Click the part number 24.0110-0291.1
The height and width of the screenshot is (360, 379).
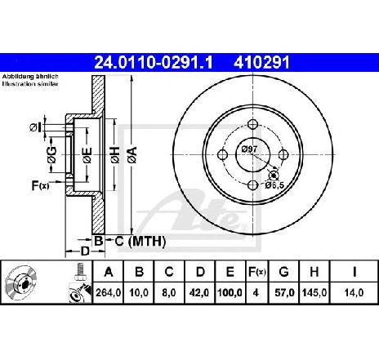tap(153, 63)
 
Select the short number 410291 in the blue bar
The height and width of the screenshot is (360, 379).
tap(261, 63)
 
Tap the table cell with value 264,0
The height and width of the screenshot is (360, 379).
tap(108, 293)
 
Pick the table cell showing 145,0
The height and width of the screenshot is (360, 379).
tap(314, 293)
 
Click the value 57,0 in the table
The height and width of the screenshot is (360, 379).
tap(284, 293)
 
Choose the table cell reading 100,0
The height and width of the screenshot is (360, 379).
tap(230, 293)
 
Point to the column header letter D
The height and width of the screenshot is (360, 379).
tap(200, 272)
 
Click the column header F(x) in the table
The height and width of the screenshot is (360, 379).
tap(256, 272)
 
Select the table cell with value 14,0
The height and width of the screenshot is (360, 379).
tap(354, 293)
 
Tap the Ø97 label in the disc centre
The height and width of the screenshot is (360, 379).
tap(249, 149)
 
